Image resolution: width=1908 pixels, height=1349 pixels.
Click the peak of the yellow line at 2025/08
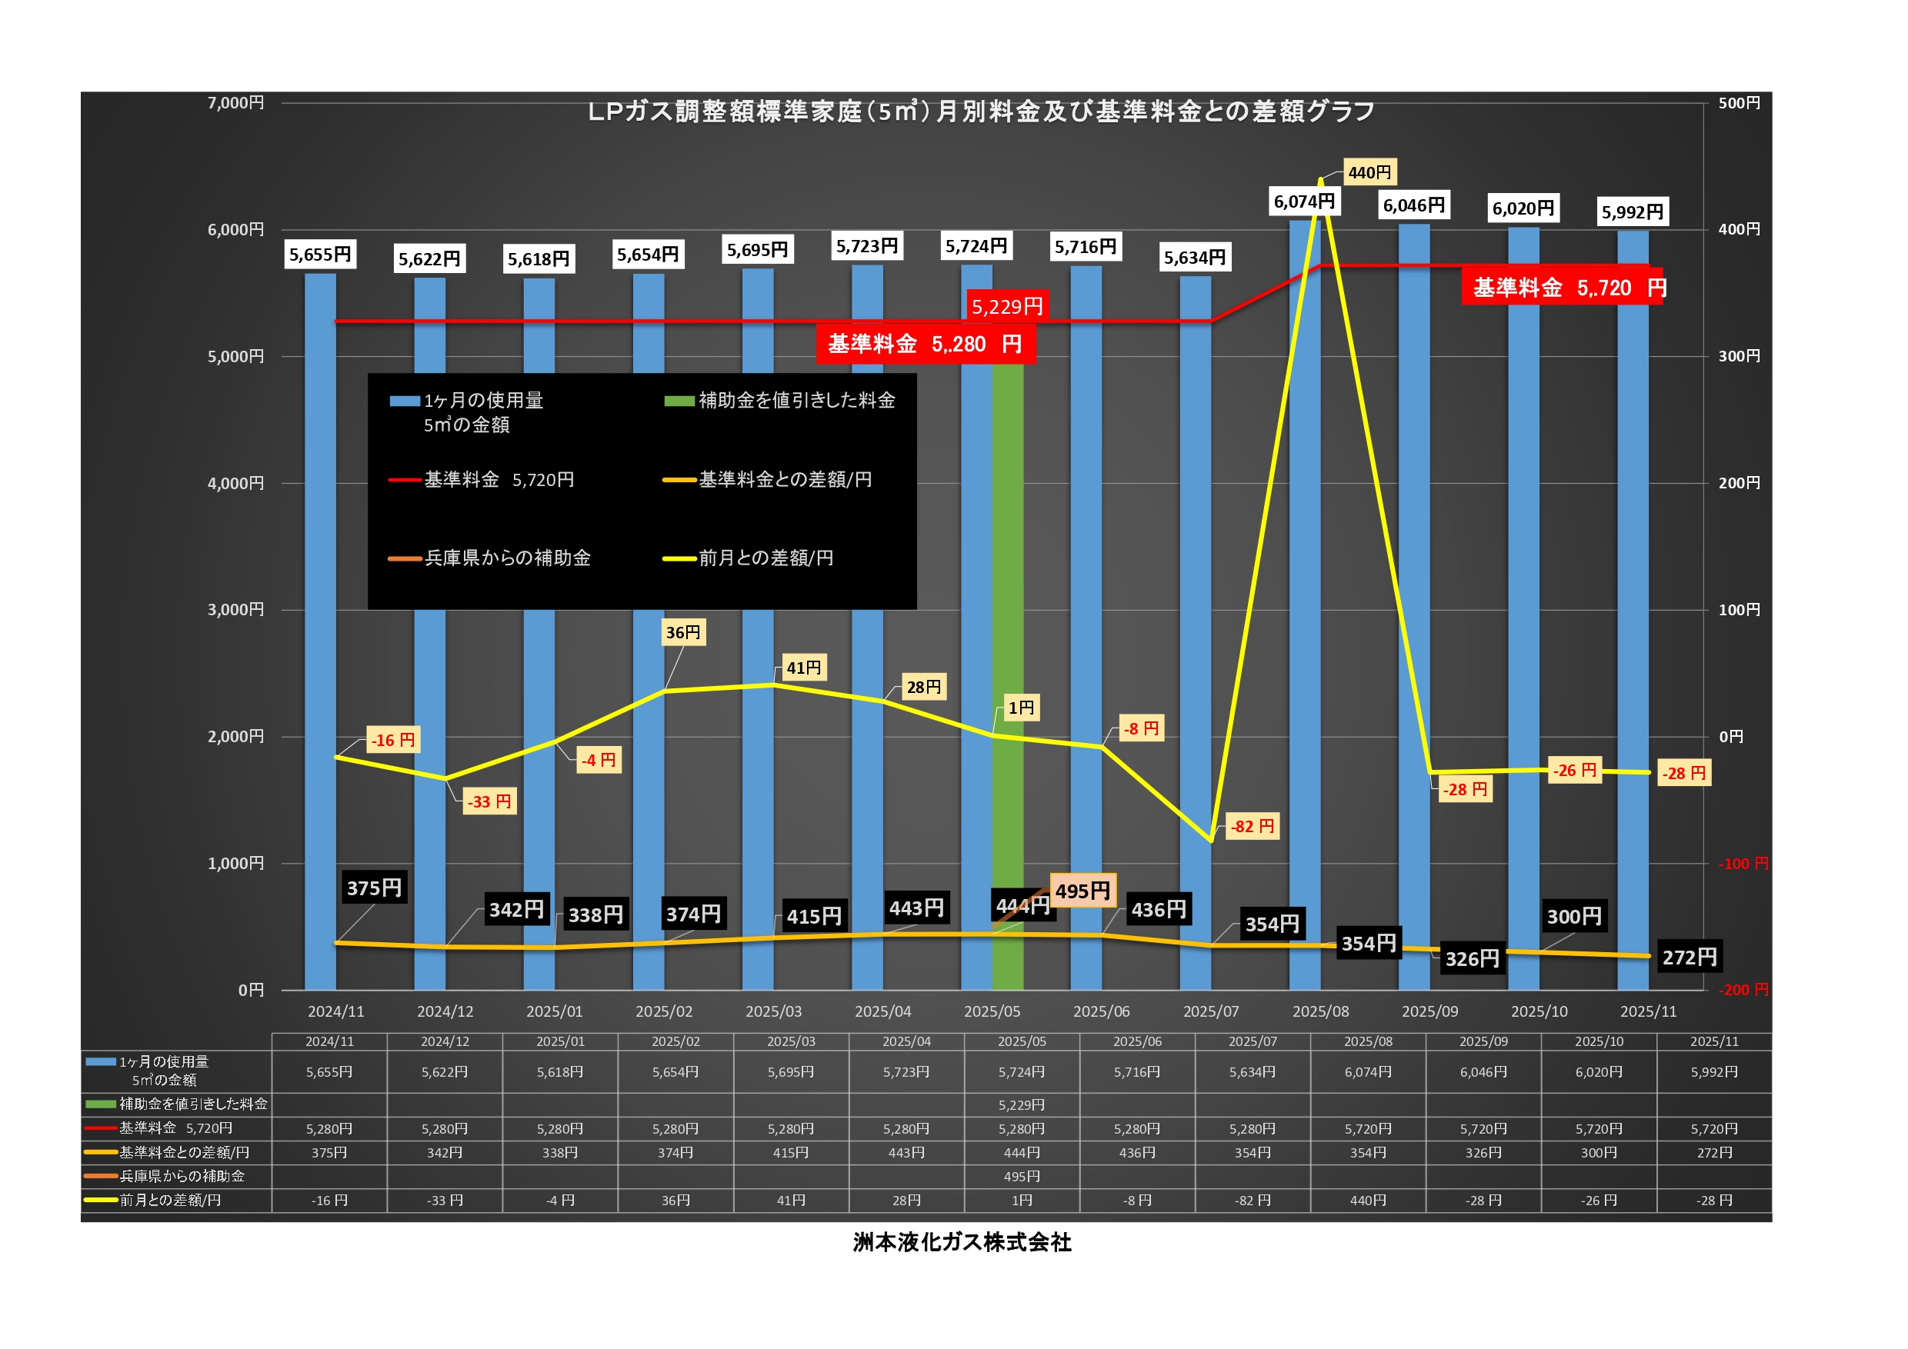(x=1320, y=179)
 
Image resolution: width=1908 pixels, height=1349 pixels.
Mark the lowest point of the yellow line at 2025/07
(x=1211, y=840)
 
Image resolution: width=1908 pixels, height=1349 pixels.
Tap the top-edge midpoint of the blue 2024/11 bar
(x=320, y=274)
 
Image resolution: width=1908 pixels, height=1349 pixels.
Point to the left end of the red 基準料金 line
(x=335, y=321)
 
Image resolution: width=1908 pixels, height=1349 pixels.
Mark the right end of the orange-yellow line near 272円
(x=1649, y=956)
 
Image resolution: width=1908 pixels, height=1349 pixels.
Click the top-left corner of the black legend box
(x=369, y=374)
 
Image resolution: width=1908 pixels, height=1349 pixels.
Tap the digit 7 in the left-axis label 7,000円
(x=212, y=102)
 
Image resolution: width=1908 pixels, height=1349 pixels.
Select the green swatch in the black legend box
(x=679, y=401)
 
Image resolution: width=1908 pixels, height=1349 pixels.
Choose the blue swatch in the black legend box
(x=405, y=401)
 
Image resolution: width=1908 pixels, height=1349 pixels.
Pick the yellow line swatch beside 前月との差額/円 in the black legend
(x=679, y=559)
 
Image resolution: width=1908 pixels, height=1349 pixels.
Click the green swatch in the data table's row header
(x=101, y=1104)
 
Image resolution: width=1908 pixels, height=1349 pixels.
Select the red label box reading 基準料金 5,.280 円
(x=926, y=344)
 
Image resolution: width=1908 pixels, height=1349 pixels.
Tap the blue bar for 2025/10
(x=1523, y=609)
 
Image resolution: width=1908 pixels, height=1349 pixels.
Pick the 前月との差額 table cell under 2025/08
(x=1368, y=1201)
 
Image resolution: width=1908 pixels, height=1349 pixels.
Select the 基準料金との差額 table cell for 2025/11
(x=1714, y=1153)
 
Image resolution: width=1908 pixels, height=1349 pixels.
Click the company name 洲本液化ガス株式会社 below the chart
(x=962, y=1243)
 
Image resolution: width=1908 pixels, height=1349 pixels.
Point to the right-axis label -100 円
(x=1743, y=864)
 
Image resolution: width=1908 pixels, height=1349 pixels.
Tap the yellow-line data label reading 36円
(x=683, y=633)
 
